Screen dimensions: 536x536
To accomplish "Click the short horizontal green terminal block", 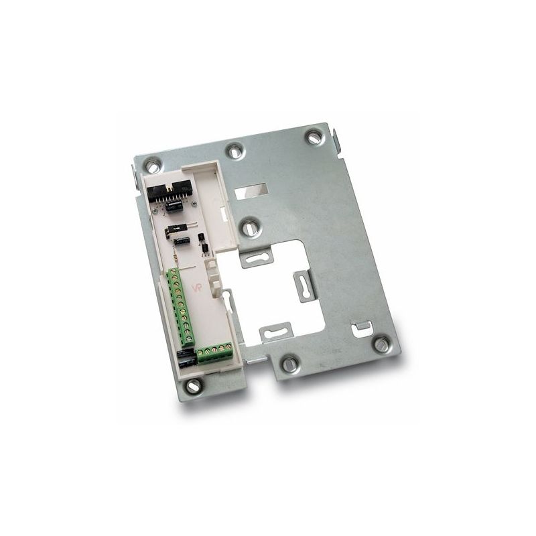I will pyautogui.click(x=215, y=352).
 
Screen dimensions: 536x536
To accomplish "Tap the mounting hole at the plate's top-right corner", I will pyautogui.click(x=313, y=137).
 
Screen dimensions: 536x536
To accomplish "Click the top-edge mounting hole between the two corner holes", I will pyautogui.click(x=234, y=151).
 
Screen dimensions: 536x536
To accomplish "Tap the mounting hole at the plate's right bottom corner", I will pyautogui.click(x=381, y=344).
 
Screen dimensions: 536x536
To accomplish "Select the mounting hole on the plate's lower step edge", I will pyautogui.click(x=289, y=364).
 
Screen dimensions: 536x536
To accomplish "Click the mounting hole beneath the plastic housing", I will pyautogui.click(x=194, y=385).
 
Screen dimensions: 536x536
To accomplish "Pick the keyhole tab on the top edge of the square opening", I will pyautogui.click(x=257, y=257).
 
